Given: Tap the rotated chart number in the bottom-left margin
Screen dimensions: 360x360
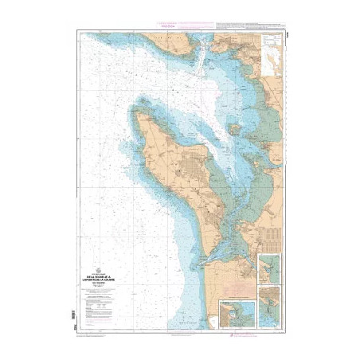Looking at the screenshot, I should (76, 328).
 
